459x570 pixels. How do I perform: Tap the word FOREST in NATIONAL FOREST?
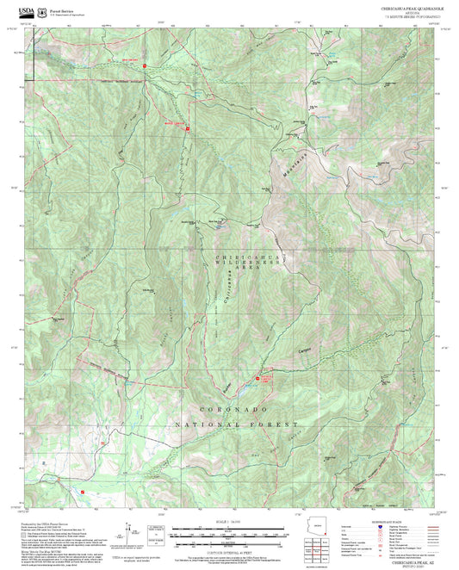[276, 425]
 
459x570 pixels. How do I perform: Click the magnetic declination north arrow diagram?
[131, 536]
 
